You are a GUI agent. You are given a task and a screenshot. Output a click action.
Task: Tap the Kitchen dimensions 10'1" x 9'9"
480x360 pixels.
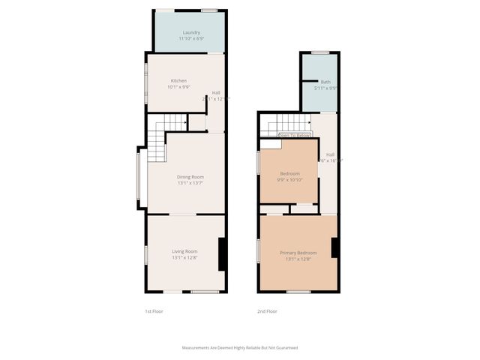(x=178, y=87)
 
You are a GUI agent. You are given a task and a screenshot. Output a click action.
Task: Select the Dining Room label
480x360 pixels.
(x=190, y=177)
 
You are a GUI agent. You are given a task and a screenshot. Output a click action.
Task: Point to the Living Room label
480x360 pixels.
(x=184, y=251)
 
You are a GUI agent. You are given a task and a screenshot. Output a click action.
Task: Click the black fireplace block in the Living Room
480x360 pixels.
(x=222, y=254)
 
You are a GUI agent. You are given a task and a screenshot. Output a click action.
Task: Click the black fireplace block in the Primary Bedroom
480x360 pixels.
(x=334, y=247)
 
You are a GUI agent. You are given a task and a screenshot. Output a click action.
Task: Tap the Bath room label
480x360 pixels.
(x=325, y=82)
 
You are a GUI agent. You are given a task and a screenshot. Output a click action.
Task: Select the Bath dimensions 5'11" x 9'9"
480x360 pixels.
(x=325, y=88)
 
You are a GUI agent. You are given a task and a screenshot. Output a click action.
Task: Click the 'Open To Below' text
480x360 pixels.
(x=294, y=136)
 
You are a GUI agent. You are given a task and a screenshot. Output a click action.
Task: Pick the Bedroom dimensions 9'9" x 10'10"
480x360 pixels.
(x=289, y=180)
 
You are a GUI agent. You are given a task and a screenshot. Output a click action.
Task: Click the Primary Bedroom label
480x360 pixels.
(x=298, y=253)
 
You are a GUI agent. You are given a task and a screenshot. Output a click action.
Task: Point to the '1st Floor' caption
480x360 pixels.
(x=154, y=310)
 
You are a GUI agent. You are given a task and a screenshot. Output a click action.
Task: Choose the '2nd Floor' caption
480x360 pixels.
(x=266, y=310)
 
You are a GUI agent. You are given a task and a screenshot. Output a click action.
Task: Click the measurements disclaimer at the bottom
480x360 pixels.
(x=241, y=347)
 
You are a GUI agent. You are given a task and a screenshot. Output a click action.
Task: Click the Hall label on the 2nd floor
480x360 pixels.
(x=330, y=154)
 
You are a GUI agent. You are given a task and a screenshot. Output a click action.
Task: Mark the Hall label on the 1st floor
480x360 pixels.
(x=216, y=93)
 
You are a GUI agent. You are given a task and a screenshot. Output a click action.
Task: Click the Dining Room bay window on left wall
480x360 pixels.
(x=138, y=177)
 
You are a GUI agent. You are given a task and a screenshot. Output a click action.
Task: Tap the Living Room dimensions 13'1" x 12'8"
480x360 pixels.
(x=184, y=258)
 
